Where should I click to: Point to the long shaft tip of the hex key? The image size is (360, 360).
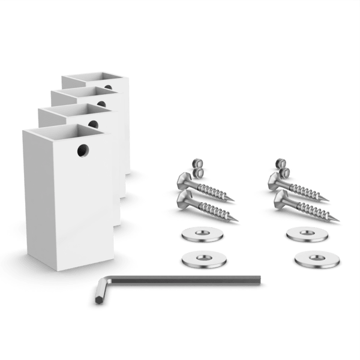coord(259,278)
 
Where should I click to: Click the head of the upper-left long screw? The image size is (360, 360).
coord(184,178)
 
